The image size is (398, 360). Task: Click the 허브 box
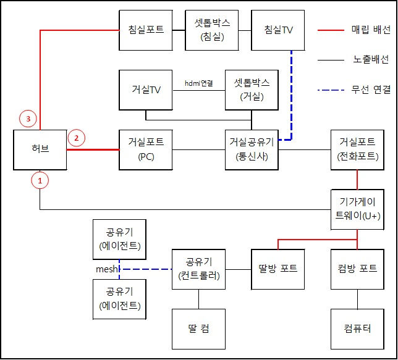40,149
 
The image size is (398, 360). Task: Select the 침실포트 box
146,30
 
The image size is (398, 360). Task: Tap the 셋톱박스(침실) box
212,30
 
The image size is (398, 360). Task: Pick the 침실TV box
278,30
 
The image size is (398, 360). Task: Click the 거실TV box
146,90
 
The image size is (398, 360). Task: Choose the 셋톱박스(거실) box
252,90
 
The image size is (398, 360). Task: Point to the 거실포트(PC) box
146,149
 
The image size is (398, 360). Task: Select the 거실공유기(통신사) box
252,149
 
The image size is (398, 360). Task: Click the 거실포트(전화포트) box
357,149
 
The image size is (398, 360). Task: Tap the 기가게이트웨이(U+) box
357,209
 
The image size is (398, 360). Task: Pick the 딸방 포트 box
278,269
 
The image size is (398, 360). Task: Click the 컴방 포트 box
357,269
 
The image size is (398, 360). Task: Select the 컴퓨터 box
357,329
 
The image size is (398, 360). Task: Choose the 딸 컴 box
198,329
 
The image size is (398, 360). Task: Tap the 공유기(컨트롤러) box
198,269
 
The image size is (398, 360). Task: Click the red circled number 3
28,119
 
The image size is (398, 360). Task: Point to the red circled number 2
77,138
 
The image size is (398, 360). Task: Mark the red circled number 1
40,180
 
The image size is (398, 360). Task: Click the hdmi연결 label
199,83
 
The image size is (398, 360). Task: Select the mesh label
107,269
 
